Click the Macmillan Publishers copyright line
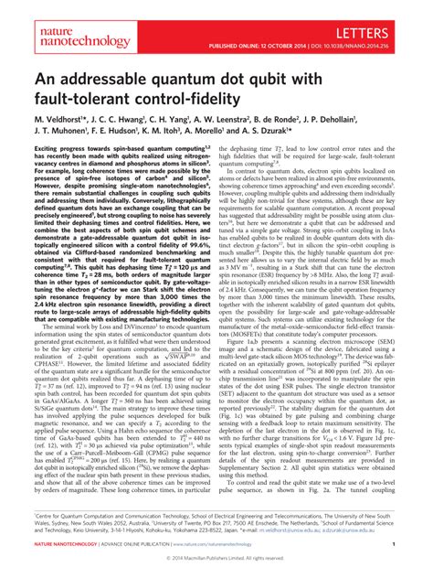pos(216,558)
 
